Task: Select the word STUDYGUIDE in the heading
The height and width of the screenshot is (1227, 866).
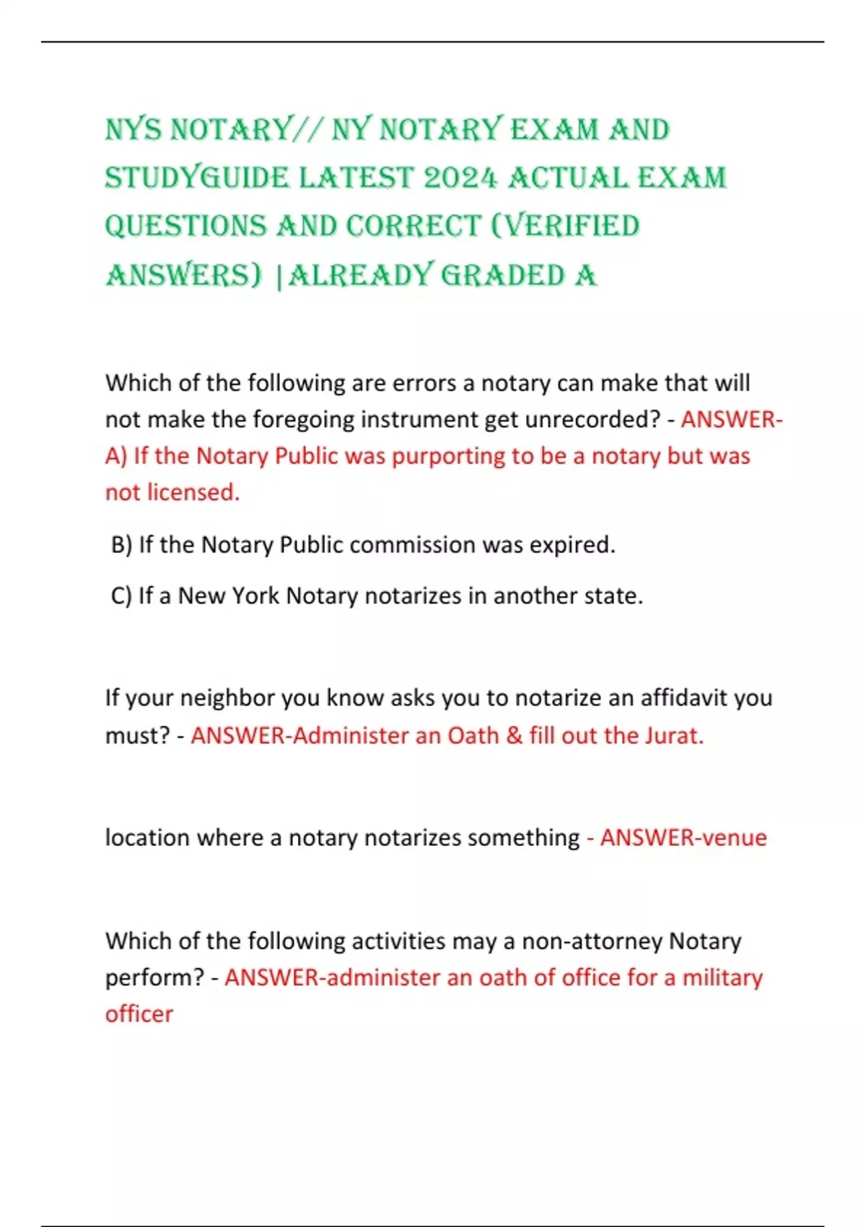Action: point(196,178)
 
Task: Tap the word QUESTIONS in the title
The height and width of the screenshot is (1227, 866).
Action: point(185,227)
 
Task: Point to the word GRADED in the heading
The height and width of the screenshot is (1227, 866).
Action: point(502,276)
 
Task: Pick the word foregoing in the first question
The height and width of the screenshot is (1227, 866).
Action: point(299,419)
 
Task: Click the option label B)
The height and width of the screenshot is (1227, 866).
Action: point(122,544)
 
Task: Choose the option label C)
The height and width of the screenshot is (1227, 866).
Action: point(121,595)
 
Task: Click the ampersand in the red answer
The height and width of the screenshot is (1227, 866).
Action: point(514,735)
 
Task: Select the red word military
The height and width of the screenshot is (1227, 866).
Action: point(722,977)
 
